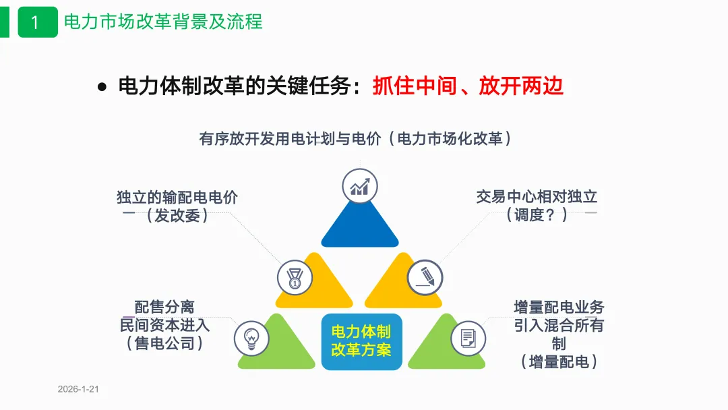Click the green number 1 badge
point(37,22)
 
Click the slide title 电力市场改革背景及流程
point(163,22)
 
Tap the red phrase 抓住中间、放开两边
point(468,86)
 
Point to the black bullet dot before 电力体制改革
point(102,87)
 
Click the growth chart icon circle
point(359,186)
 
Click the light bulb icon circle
point(251,337)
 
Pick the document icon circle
point(468,337)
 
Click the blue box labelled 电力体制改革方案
point(361,341)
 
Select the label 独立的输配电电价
point(177,198)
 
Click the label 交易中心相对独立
point(537,197)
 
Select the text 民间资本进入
point(164,324)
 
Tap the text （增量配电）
point(559,361)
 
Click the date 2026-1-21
point(78,390)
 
